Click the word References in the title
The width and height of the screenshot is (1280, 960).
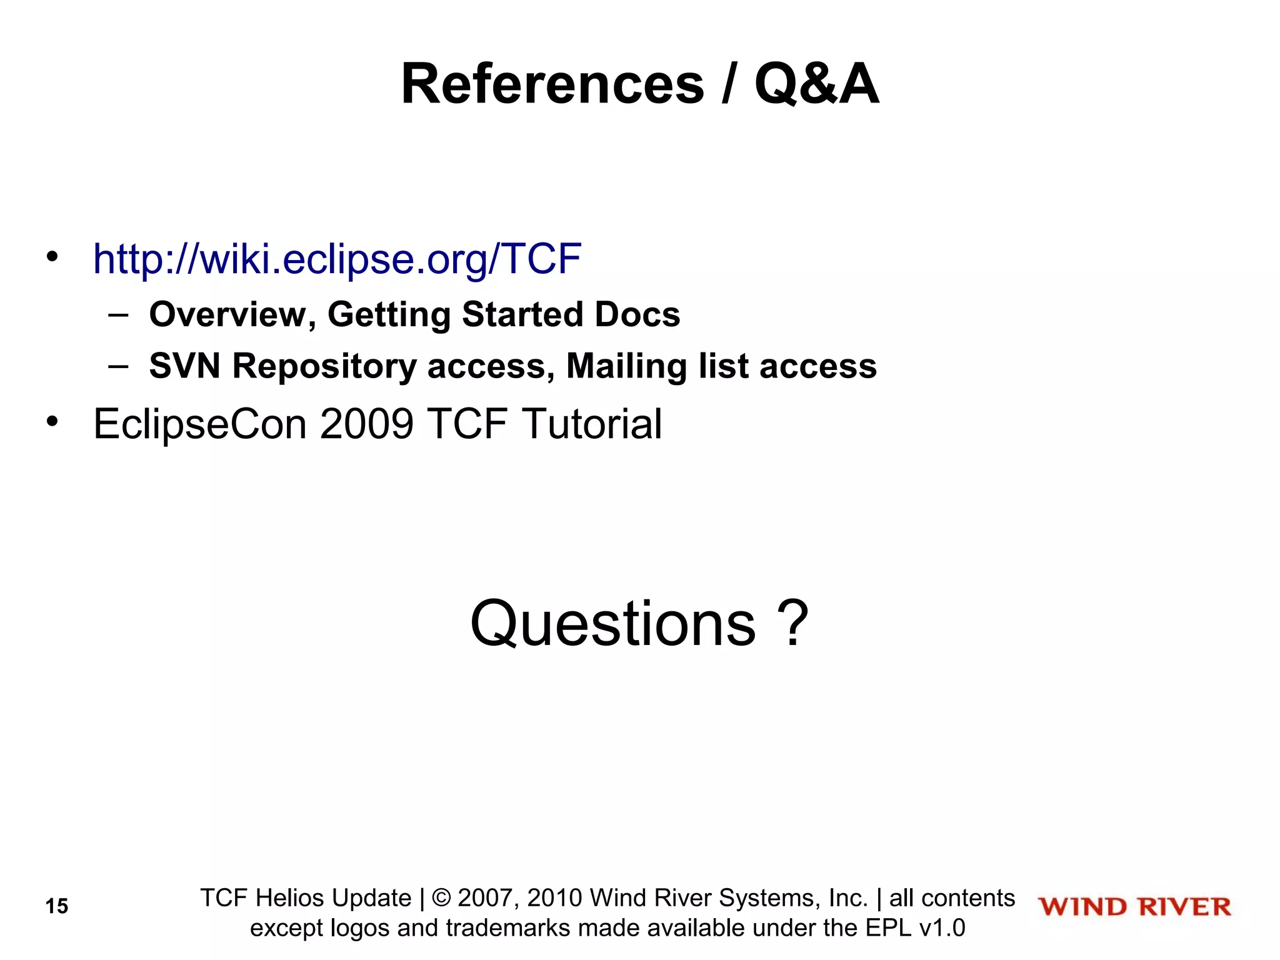tap(552, 84)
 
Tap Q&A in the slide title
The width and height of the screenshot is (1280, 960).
tap(816, 84)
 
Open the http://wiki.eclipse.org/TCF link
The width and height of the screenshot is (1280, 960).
tap(337, 259)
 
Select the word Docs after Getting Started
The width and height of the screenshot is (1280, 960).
tap(637, 314)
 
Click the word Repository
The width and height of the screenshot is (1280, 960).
tap(324, 367)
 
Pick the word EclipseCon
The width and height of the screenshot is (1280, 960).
tap(200, 425)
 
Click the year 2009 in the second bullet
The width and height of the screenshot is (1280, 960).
tap(366, 424)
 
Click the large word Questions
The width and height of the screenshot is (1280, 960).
tap(612, 624)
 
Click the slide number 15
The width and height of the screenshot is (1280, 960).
tap(57, 906)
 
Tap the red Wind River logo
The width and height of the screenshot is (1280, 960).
tap(1134, 907)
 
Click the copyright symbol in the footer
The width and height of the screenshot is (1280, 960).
tap(441, 898)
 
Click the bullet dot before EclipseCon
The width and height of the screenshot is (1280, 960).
tap(52, 422)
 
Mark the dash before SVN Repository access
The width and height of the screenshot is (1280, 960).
tap(118, 366)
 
